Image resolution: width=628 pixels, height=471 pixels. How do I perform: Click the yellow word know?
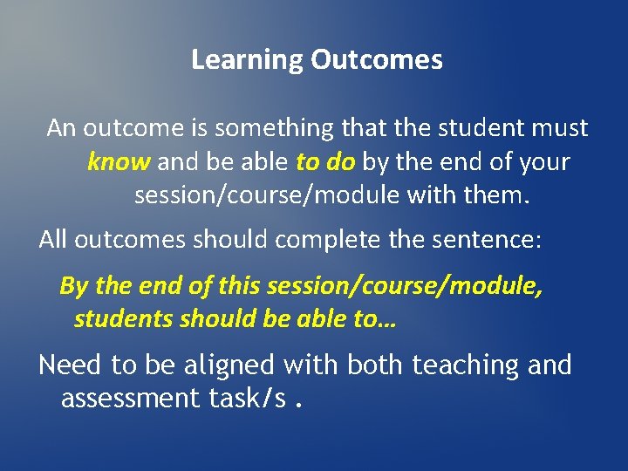119,162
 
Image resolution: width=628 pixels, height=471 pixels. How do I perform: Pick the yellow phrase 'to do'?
325,162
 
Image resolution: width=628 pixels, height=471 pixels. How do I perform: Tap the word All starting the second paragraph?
53,241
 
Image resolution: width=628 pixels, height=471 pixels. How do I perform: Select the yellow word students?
123,319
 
